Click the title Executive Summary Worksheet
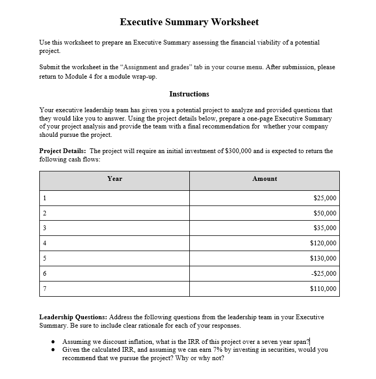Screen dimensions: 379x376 (189, 22)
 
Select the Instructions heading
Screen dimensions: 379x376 (189, 94)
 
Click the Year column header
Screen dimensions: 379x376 (114, 179)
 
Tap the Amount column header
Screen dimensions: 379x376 (264, 179)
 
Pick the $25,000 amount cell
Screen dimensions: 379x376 (325, 198)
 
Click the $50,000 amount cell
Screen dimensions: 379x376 (325, 213)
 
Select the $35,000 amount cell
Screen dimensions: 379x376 (325, 228)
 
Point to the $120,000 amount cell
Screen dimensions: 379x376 (323, 243)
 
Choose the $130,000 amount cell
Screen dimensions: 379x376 (323, 258)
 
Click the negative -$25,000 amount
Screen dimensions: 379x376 (324, 274)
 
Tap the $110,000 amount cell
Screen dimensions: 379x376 (323, 289)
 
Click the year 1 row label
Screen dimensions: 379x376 (45, 198)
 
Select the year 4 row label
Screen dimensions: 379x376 (45, 243)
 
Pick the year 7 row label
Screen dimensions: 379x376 (45, 289)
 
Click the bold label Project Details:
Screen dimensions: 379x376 (62, 151)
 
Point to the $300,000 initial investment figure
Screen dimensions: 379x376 (238, 151)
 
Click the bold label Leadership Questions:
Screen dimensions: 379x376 (73, 317)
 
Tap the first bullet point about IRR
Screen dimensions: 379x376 (186, 341)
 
